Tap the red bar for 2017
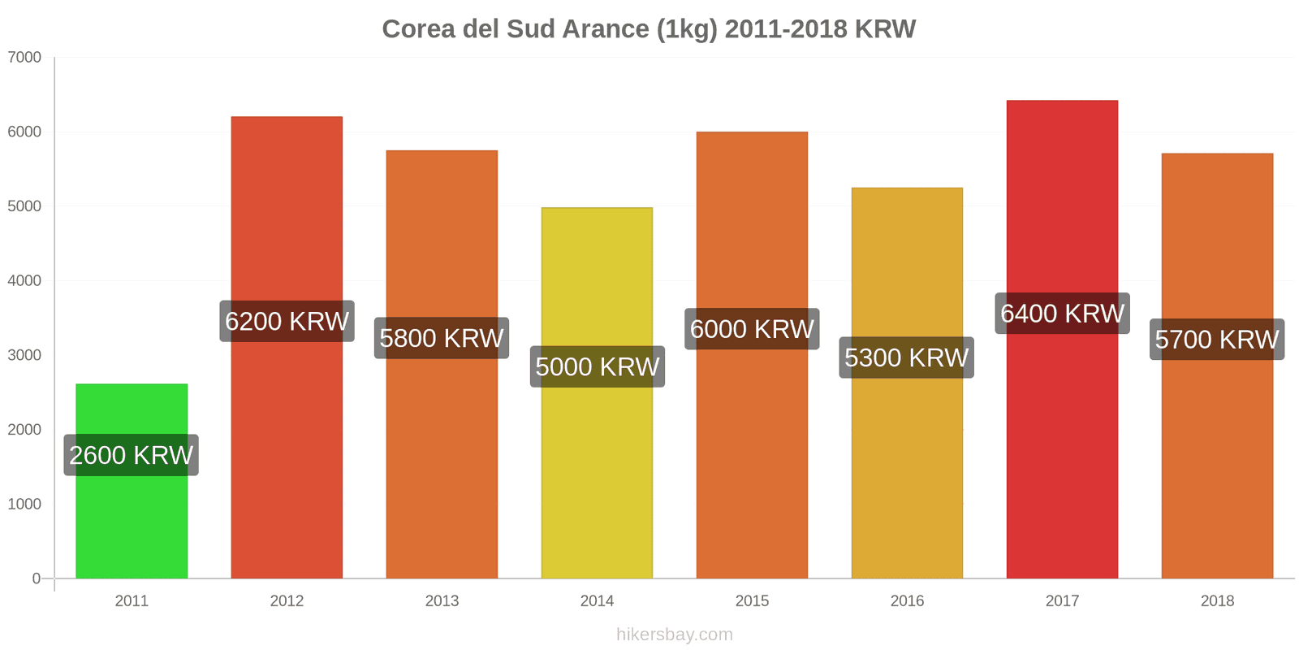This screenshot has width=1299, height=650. pyautogui.click(x=1062, y=447)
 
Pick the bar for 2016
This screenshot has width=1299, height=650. pyautogui.click(x=907, y=471)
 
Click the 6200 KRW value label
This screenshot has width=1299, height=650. pyautogui.click(x=287, y=321)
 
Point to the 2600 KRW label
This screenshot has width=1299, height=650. pyautogui.click(x=132, y=455)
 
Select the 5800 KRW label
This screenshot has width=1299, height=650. pyautogui.click(x=442, y=338)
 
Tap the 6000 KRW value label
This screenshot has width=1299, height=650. pyautogui.click(x=752, y=329)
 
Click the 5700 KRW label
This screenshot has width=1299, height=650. pyautogui.click(x=1217, y=339)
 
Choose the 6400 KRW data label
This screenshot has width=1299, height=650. pyautogui.click(x=1062, y=313)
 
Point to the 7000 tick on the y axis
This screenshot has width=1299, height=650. pyautogui.click(x=24, y=58)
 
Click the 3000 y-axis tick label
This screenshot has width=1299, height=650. pyautogui.click(x=24, y=355)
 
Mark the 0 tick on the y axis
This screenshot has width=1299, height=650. pyautogui.click(x=36, y=578)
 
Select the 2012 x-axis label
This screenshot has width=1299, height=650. pyautogui.click(x=287, y=601)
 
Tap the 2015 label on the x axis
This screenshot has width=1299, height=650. pyautogui.click(x=752, y=601)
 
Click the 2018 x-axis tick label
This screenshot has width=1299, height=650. pyautogui.click(x=1217, y=601)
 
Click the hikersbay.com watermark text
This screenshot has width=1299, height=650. pyautogui.click(x=674, y=635)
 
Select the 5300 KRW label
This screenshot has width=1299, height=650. pyautogui.click(x=907, y=357)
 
